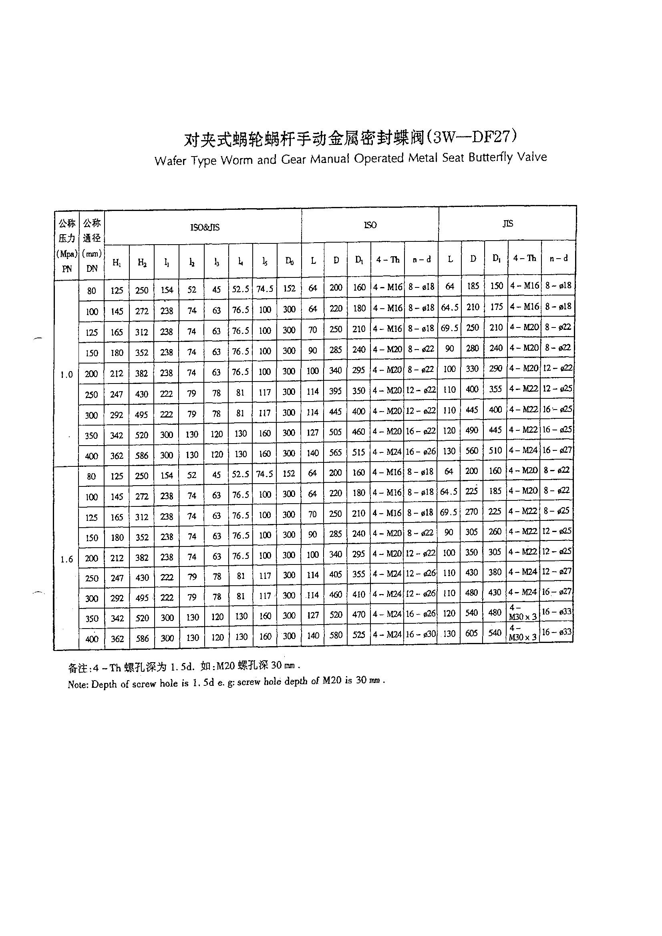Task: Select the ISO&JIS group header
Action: point(205,227)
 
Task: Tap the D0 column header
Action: point(289,261)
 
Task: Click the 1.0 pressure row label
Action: point(66,374)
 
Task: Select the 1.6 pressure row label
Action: point(66,559)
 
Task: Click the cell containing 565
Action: point(336,452)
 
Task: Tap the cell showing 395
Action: point(336,391)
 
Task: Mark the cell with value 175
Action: point(496,307)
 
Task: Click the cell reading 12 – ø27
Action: point(557,572)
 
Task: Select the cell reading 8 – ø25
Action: point(557,510)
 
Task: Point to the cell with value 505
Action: point(336,432)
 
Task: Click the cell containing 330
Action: point(472,369)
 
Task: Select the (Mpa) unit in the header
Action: point(66,254)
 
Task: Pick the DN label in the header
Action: point(92,268)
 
